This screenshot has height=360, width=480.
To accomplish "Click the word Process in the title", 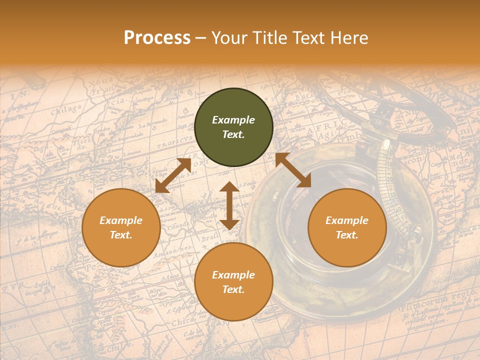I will (157, 38).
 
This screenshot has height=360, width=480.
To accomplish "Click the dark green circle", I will (233, 127).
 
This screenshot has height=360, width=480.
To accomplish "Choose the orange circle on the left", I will (121, 227).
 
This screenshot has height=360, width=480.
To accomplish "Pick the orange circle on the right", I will (347, 227).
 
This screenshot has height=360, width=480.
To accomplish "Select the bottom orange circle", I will (233, 282).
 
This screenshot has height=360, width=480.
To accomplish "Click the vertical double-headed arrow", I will (229, 205).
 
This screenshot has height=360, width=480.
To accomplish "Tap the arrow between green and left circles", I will (173, 175).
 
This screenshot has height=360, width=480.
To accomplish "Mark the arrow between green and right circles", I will (293, 170).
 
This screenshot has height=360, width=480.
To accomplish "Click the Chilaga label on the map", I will (65, 109).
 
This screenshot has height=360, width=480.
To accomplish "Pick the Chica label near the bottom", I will (183, 323).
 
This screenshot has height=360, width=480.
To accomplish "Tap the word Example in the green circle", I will (233, 120).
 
